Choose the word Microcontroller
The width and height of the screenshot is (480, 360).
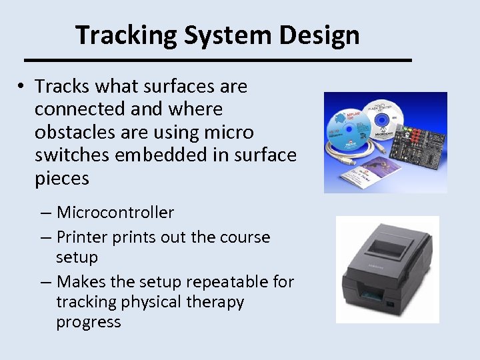(x=115, y=213)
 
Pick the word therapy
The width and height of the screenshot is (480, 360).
(x=215, y=302)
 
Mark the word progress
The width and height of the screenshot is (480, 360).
(x=89, y=322)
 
